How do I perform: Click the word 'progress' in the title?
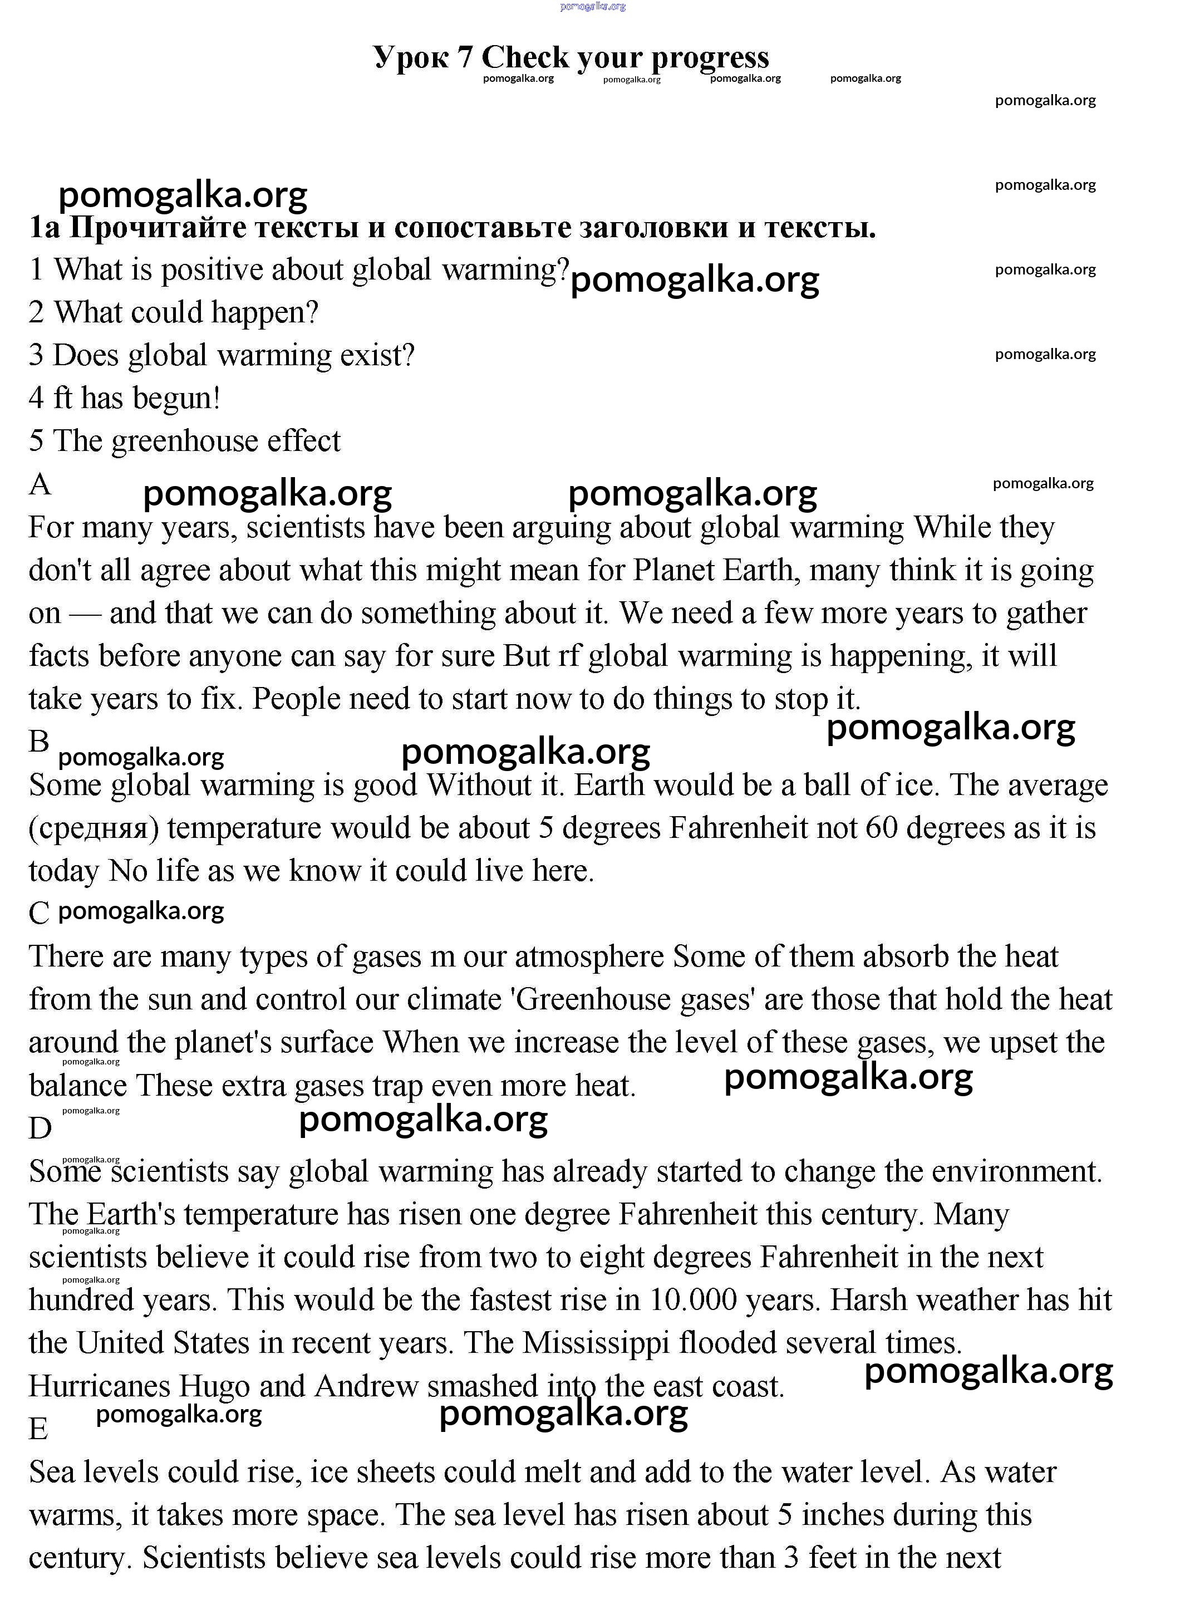pos(710,58)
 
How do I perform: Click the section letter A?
pos(40,485)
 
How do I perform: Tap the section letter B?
pos(39,742)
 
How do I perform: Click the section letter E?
pos(39,1428)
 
